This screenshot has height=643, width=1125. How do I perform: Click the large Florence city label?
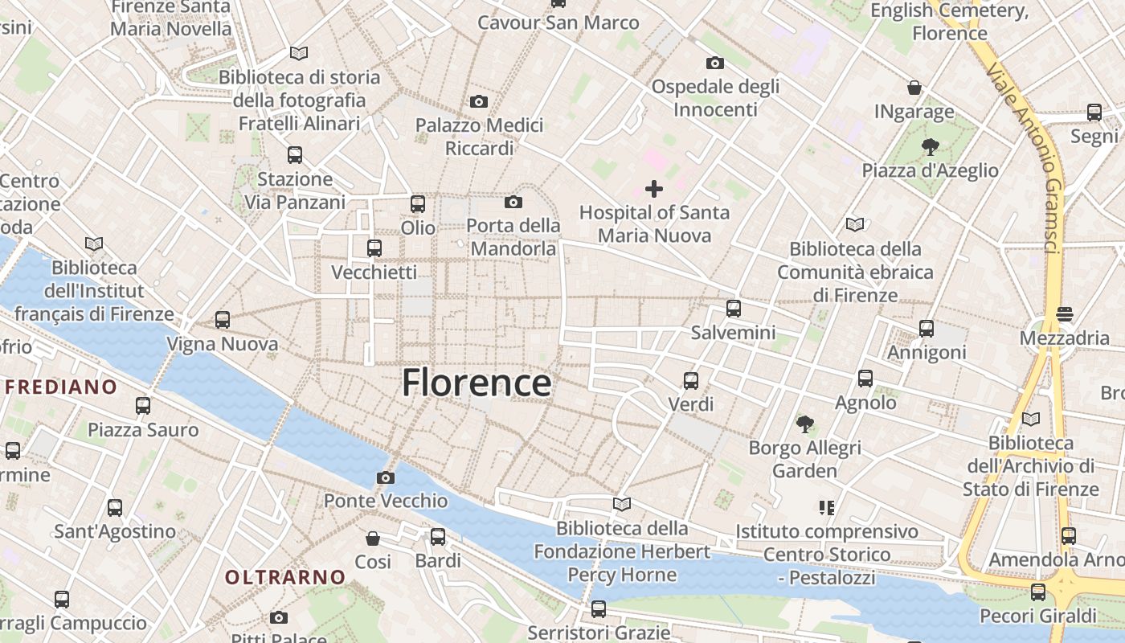point(477,383)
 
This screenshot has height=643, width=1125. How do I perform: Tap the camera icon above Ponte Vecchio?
point(385,477)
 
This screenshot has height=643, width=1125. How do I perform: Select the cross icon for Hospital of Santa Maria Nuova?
point(654,189)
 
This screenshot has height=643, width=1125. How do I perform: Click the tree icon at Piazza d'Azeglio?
point(930,147)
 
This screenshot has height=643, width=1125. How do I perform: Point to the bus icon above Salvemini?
point(733,309)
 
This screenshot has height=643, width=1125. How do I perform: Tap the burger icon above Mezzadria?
point(1065,314)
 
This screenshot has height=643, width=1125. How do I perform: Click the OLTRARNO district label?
point(284,577)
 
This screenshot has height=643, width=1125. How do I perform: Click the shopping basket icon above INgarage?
point(914,88)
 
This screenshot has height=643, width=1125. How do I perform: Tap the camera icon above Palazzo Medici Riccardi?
point(479,101)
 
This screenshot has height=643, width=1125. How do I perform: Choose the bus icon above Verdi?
point(690,380)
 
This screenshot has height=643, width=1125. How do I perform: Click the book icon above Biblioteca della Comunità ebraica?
point(853,224)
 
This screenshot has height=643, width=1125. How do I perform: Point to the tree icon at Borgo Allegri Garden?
point(804,424)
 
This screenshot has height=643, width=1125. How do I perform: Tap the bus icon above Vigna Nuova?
point(223,320)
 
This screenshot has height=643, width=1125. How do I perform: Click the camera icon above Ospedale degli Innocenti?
point(714,63)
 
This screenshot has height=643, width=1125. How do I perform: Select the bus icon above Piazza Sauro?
point(143,406)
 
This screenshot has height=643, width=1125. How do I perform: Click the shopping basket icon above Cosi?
point(373,538)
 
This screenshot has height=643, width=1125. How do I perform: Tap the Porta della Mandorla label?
point(513,237)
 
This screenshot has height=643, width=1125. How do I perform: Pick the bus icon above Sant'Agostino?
point(115,508)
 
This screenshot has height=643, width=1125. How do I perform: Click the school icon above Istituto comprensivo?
point(826,508)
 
